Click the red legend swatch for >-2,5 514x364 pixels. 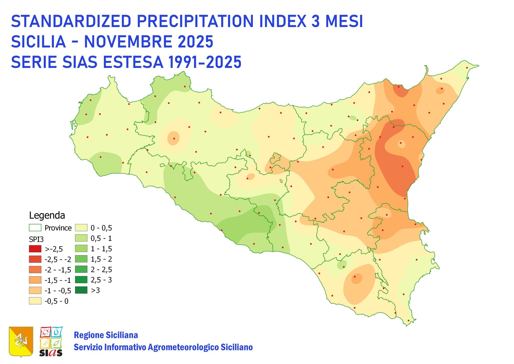click(35, 249)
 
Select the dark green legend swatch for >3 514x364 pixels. click(81, 290)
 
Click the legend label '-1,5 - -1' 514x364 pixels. click(57, 280)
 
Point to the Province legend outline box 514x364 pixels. click(35, 228)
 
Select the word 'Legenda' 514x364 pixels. click(47, 215)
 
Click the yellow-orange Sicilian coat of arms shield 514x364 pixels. click(21, 341)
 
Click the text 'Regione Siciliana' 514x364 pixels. click(106, 335)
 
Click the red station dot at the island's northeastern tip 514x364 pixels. click(467, 68)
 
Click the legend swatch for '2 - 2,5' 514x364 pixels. click(81, 269)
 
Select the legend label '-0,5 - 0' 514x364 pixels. click(56, 301)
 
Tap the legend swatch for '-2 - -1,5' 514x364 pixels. click(35, 270)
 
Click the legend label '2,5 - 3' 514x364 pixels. click(101, 280)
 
